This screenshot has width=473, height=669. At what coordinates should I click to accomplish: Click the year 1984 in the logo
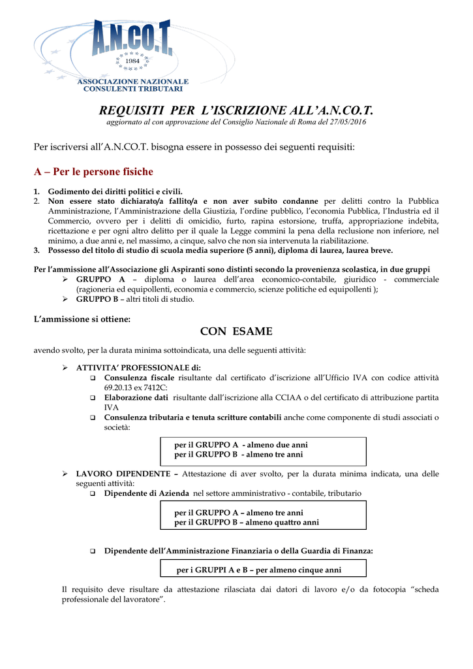tap(133, 61)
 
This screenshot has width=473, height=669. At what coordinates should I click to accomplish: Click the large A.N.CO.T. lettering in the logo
tap(132, 38)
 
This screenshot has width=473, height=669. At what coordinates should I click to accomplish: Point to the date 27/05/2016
tap(348, 123)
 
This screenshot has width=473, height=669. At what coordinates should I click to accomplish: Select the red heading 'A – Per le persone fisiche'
tap(93, 172)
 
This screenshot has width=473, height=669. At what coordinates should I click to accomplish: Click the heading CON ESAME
tap(236, 331)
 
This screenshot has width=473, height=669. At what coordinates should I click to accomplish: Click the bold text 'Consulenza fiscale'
tap(139, 378)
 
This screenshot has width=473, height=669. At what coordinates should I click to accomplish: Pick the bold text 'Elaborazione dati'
tap(136, 397)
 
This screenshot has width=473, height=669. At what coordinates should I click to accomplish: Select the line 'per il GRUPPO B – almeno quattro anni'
tap(247, 523)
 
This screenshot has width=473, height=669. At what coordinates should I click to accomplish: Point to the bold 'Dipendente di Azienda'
tap(147, 493)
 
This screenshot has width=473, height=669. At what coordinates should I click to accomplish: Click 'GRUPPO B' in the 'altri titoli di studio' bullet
tap(96, 299)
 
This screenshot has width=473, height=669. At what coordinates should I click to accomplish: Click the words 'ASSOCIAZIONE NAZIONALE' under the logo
tap(133, 82)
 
